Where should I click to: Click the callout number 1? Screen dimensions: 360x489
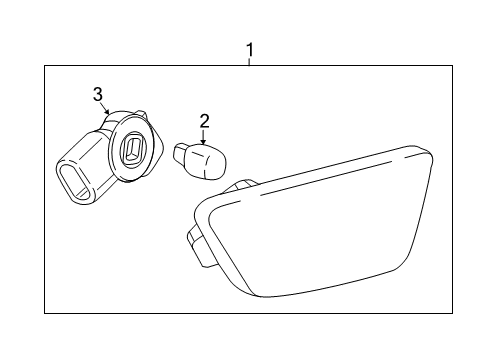click(249, 49)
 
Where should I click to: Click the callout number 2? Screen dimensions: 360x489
click(204, 121)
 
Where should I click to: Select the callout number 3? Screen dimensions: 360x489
click(98, 94)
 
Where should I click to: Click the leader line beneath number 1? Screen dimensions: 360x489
click(249, 61)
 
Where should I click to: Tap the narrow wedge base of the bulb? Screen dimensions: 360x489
click(182, 156)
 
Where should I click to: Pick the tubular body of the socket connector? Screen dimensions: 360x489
click(85, 170)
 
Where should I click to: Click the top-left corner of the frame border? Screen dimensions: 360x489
click(44, 66)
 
